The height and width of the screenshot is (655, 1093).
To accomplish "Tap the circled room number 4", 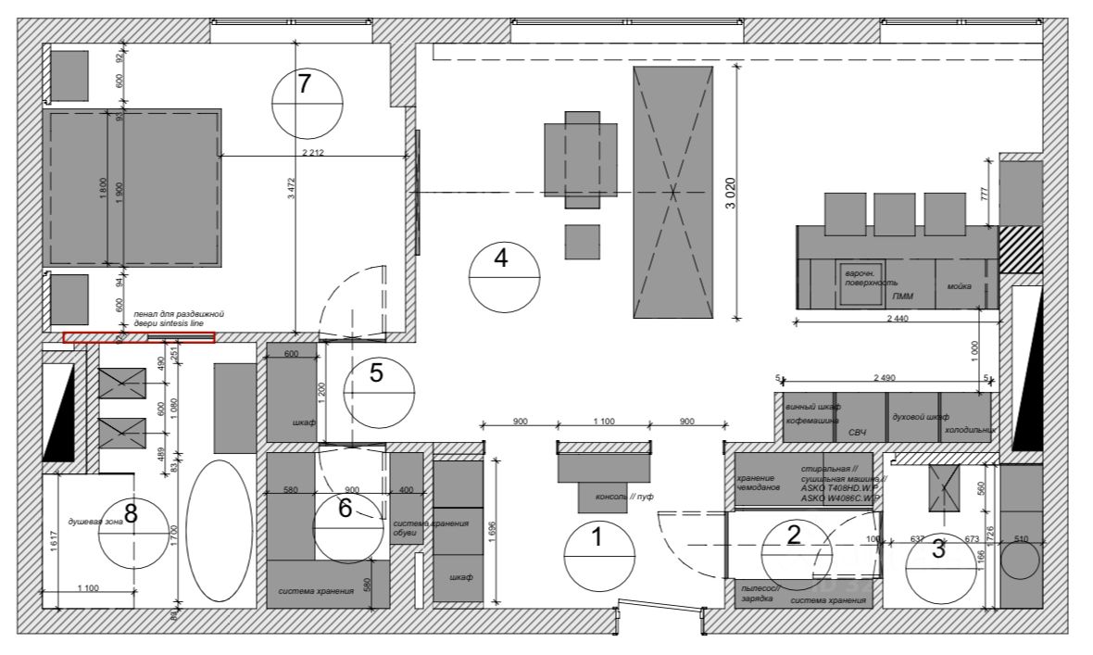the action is click(x=501, y=258).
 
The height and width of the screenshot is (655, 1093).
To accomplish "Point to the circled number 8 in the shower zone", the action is click(x=131, y=513).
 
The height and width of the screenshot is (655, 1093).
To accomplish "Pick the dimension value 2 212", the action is click(x=316, y=152).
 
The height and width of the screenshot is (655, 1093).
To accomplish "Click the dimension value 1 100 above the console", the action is click(x=603, y=422).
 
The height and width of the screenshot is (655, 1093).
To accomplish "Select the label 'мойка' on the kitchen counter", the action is click(x=959, y=286).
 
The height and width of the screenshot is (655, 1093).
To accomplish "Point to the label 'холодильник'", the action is click(x=968, y=431).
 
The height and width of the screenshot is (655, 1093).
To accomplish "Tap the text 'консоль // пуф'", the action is click(x=630, y=497).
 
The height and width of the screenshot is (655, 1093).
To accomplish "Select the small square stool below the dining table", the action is click(x=582, y=242).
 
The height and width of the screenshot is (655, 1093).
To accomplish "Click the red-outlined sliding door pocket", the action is click(x=139, y=337).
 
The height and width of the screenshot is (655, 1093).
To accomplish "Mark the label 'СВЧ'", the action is click(x=857, y=432).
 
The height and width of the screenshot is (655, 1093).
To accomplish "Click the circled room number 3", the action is click(x=938, y=548).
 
